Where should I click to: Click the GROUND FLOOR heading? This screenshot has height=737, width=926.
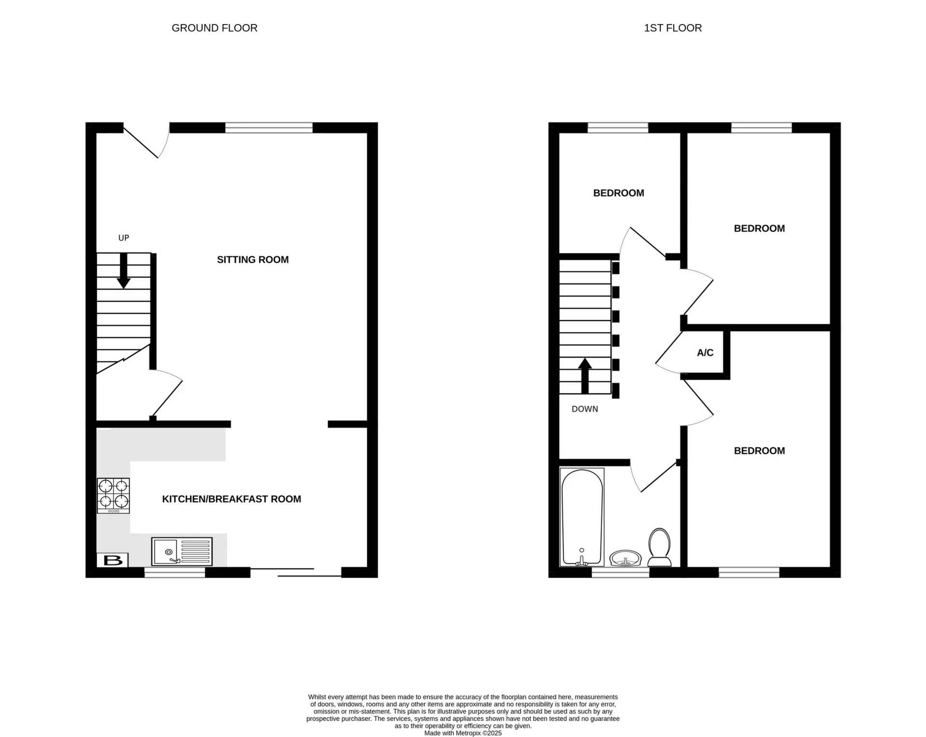(x=214, y=28)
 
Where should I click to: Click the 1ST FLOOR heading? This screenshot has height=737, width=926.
(x=672, y=28)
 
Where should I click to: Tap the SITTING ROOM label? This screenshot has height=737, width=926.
(x=253, y=259)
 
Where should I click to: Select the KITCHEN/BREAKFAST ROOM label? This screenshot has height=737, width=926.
(x=231, y=499)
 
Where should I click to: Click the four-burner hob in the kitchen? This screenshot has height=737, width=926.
(x=113, y=496)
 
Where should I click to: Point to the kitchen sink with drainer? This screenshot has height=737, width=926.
(x=182, y=551)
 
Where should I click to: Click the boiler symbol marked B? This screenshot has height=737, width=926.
(x=113, y=560)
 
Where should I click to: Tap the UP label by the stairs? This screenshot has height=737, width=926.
(x=123, y=238)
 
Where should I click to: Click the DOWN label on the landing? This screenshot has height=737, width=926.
(x=585, y=409)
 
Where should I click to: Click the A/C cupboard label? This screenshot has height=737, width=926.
(x=705, y=353)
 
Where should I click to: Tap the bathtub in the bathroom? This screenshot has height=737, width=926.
(x=582, y=517)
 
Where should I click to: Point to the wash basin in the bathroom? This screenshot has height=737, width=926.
(x=625, y=559)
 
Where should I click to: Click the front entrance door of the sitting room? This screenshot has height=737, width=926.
(x=145, y=141)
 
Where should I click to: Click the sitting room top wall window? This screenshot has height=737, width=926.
(x=269, y=128)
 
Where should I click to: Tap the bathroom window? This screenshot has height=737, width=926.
(x=620, y=572)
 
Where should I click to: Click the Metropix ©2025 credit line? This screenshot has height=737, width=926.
(x=463, y=733)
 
